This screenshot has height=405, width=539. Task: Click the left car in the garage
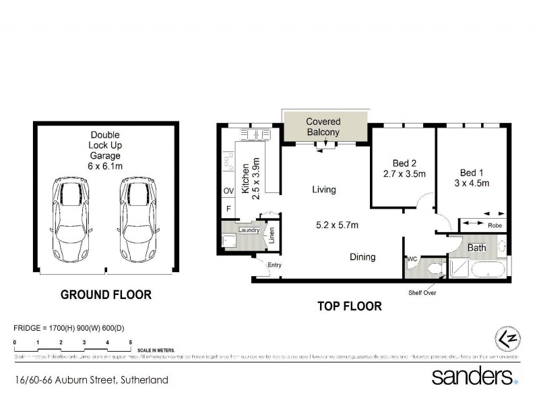(x=70, y=221)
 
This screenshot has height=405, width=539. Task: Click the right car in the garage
(x=139, y=221)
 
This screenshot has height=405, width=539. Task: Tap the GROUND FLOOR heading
(x=106, y=295)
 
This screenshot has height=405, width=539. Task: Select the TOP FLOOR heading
(x=349, y=306)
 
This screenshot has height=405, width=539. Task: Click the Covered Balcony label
(x=323, y=127)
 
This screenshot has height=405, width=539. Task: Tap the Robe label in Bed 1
(x=495, y=225)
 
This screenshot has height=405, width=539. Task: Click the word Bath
(x=477, y=248)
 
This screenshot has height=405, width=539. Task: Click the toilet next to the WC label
(x=435, y=269)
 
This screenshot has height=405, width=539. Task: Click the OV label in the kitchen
(x=228, y=191)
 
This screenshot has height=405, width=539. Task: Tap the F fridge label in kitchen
(x=228, y=209)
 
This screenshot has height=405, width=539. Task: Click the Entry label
(x=274, y=265)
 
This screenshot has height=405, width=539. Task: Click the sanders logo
(x=474, y=375)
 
